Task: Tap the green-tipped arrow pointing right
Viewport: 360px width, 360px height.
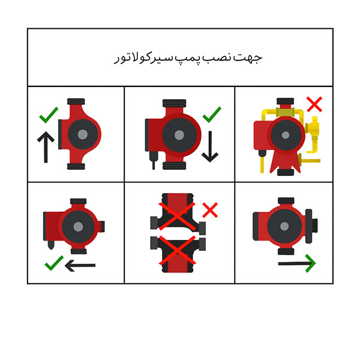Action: (x=296, y=262)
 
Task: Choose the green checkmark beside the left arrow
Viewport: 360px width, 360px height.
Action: (x=54, y=262)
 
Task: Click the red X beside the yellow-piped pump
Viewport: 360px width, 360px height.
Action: (x=314, y=104)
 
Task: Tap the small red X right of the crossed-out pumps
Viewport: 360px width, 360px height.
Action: (x=210, y=210)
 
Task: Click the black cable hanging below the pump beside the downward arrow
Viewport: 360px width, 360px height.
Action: (x=153, y=161)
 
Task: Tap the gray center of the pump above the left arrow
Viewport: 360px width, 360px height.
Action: (x=78, y=226)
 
